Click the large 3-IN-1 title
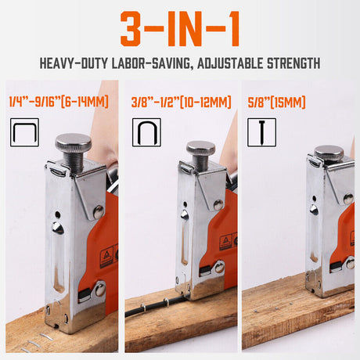click(x=179, y=28)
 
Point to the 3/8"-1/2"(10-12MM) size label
click(x=181, y=102)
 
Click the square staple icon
click(x=24, y=132)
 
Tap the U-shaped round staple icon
click(x=146, y=132)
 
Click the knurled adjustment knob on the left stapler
click(x=74, y=146)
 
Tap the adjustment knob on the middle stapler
click(x=200, y=149)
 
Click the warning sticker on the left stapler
click(x=107, y=254)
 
